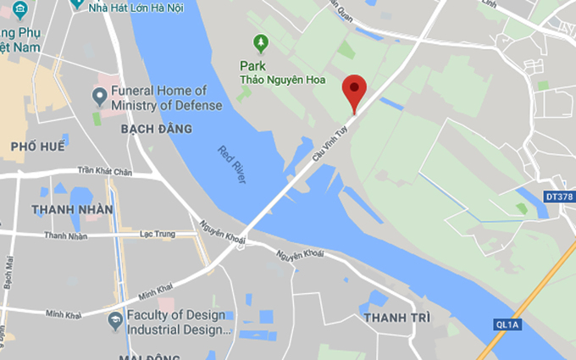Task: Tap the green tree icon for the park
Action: click(x=261, y=42)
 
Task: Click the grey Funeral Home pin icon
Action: click(x=99, y=93)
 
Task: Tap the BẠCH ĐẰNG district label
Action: click(x=157, y=129)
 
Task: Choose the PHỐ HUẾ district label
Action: click(x=37, y=147)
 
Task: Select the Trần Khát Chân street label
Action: click(x=105, y=170)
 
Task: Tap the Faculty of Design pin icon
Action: click(x=114, y=320)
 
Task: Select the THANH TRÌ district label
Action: click(x=396, y=318)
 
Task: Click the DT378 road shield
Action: click(x=557, y=197)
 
